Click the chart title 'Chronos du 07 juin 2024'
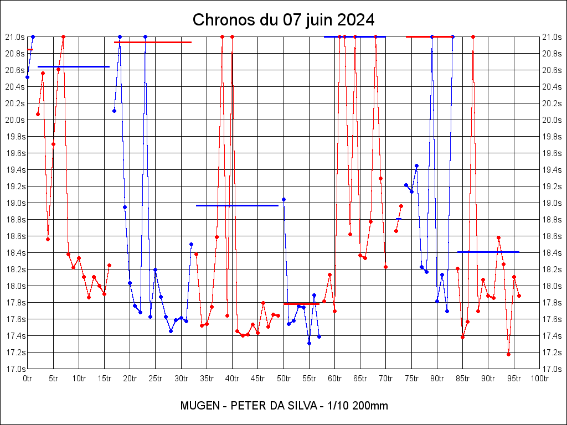283,20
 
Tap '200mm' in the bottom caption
370,406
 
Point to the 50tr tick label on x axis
283,379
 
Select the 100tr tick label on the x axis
539,379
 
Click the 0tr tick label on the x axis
28,379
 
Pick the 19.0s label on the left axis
16,203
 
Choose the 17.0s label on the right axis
552,369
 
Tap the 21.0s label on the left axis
16,37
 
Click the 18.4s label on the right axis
552,253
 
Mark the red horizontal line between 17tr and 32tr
152,42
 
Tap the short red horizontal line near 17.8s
301,304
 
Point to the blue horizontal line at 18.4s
488,252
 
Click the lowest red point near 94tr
508,354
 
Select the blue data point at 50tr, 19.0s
283,199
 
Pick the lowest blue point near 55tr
309,343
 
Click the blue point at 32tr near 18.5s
191,244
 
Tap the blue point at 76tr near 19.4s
416,165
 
